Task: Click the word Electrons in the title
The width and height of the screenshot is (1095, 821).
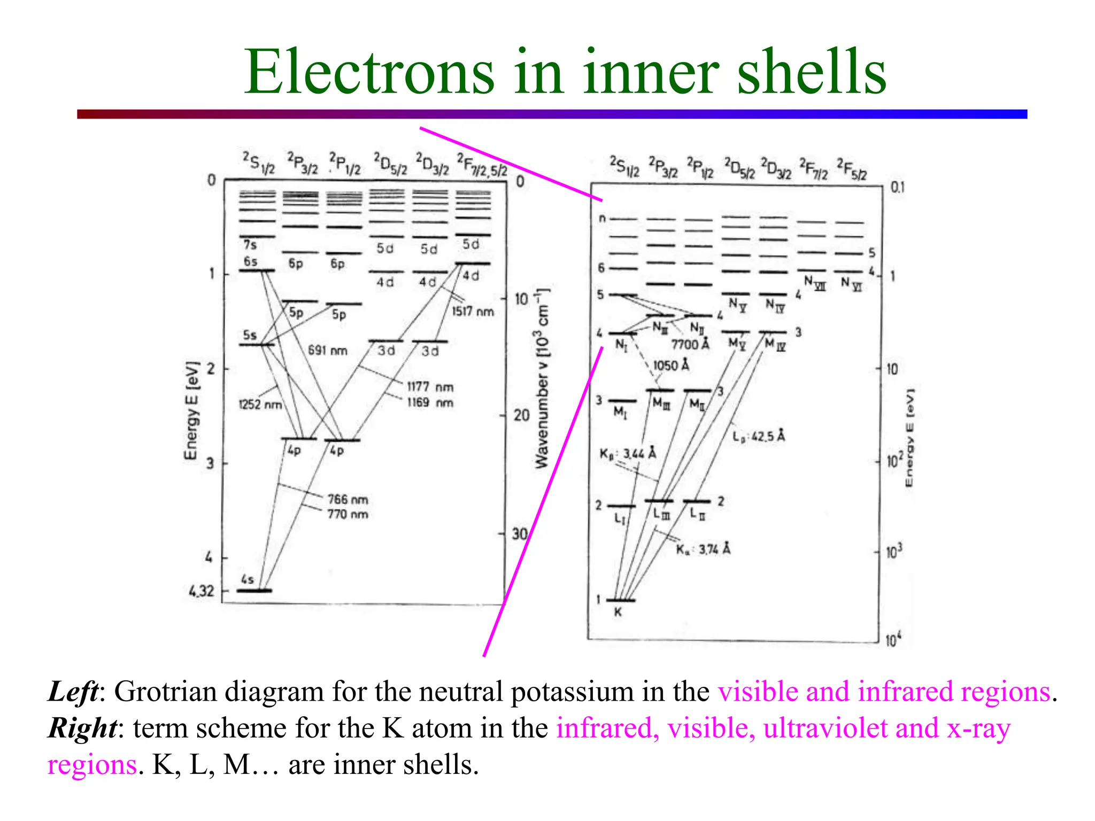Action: coord(369,72)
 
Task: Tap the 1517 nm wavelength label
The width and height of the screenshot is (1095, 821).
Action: coord(473,312)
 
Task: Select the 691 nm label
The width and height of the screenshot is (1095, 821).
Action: coord(327,351)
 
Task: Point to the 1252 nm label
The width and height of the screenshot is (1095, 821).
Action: coord(260,405)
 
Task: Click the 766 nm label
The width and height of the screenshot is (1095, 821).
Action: coord(348,500)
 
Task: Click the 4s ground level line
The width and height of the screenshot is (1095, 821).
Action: coord(255,591)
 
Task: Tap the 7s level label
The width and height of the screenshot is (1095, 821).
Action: coord(250,245)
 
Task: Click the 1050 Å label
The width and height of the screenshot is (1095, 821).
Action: coord(671,366)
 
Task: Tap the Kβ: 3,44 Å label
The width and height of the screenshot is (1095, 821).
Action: coord(627,454)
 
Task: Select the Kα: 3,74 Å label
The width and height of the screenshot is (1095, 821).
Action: coord(703,549)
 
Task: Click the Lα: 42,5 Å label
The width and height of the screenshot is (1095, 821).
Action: coord(758,437)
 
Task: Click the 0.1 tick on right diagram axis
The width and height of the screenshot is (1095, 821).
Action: coord(897,188)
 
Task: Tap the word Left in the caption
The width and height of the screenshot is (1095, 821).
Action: coord(73,692)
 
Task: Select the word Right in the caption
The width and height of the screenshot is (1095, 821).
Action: coord(82,728)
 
